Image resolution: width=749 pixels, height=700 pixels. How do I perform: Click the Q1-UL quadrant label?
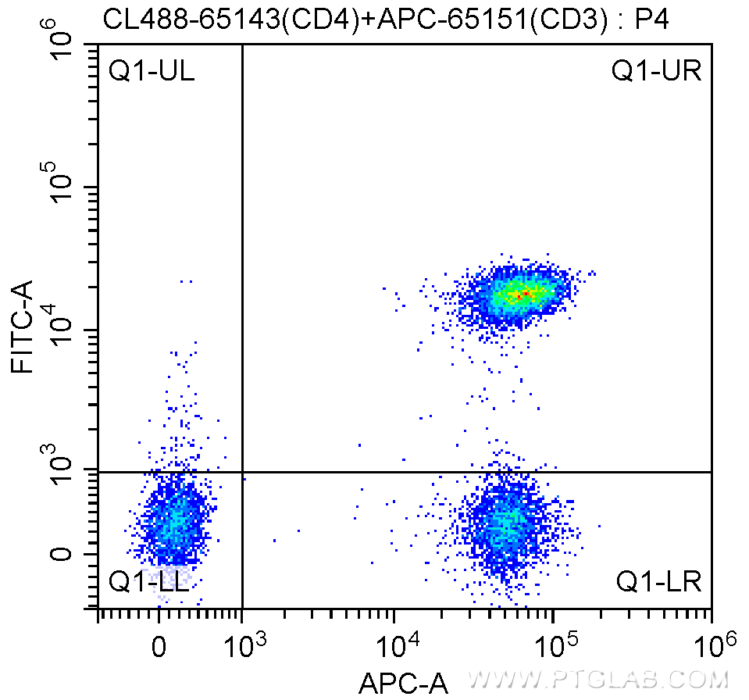tap(152, 72)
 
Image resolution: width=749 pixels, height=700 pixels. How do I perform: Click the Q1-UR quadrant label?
tap(656, 72)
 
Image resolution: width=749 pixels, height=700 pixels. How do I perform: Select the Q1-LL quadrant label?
tap(148, 582)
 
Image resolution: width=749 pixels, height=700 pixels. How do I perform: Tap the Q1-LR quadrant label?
tap(658, 582)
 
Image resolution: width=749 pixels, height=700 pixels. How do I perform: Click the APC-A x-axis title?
tap(403, 684)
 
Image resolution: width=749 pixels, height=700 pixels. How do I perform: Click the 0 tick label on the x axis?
tap(159, 648)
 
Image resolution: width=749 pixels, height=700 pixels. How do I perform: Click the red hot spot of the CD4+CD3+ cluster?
tap(526, 294)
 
